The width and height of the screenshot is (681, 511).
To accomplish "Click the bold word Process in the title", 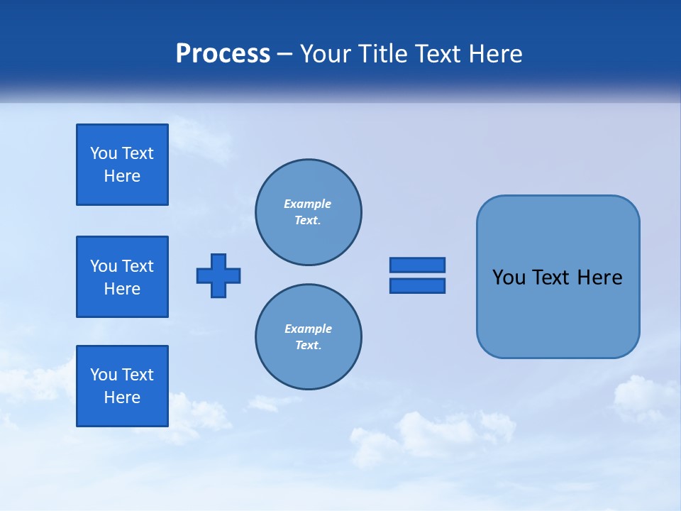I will click(x=223, y=54).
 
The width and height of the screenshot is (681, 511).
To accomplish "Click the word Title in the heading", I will click(x=381, y=54).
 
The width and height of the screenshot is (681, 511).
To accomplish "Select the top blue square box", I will click(x=122, y=165).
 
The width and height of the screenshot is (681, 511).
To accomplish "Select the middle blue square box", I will click(x=122, y=277).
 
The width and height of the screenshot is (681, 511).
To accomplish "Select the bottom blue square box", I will click(x=122, y=386).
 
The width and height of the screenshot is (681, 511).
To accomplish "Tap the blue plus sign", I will click(x=218, y=275).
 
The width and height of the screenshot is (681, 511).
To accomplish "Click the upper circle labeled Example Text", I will click(x=309, y=212).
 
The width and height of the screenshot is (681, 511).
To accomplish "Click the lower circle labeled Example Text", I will click(x=309, y=337).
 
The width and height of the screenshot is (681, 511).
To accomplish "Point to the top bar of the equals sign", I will click(x=417, y=265).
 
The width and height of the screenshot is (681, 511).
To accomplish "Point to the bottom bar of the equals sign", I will click(x=417, y=285).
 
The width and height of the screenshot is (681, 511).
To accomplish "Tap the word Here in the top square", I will click(x=122, y=176).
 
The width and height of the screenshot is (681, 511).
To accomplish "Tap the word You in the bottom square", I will click(x=104, y=375).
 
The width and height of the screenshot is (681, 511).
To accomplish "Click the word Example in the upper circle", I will click(x=307, y=204).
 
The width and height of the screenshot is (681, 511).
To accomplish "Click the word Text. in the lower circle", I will click(x=308, y=346).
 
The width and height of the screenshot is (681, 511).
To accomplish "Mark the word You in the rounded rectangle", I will click(x=509, y=278).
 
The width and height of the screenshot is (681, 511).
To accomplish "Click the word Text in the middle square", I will click(x=138, y=266).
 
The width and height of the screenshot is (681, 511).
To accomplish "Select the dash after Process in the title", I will click(x=285, y=54).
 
